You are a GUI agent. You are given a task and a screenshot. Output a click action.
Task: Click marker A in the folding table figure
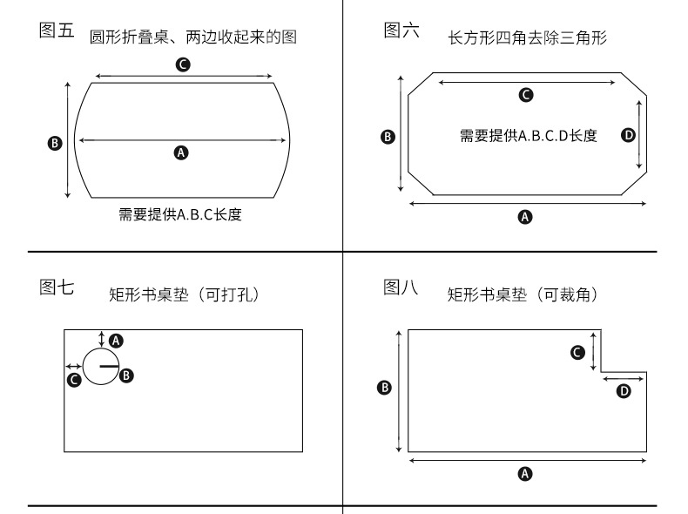(x=181, y=153)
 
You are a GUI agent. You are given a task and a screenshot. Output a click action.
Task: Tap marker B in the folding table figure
(x=54, y=143)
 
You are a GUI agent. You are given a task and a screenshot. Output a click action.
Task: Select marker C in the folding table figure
(x=183, y=64)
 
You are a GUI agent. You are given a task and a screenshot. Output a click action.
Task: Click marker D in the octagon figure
(x=628, y=134)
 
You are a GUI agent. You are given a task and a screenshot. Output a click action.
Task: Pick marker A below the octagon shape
(x=524, y=217)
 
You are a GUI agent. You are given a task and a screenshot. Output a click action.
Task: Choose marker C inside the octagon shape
(x=525, y=95)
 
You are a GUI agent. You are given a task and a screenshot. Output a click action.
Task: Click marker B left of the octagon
(x=388, y=136)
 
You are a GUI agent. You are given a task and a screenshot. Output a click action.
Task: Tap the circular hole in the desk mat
(x=99, y=366)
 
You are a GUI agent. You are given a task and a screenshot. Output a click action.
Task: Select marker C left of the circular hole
(x=75, y=379)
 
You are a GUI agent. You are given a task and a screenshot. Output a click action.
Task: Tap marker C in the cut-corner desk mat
(x=577, y=352)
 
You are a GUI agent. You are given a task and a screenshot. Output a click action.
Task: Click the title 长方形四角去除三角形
(x=527, y=37)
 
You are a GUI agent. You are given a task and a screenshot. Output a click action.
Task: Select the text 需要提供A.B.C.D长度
(x=528, y=135)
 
